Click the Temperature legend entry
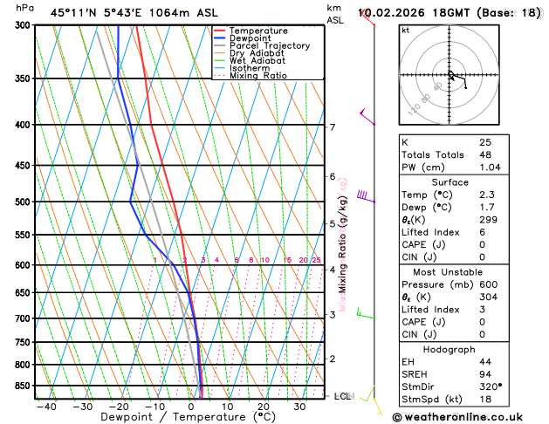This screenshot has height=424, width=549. (260, 31)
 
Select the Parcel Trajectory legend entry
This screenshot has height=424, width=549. (269, 45)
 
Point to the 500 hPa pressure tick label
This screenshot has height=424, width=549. (20, 202)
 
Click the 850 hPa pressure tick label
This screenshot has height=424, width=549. (20, 386)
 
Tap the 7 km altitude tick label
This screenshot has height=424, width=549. (332, 127)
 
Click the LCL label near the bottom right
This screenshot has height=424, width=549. (342, 396)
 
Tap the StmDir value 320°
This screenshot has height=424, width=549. (491, 386)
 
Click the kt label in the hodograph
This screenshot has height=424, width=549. (405, 30)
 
